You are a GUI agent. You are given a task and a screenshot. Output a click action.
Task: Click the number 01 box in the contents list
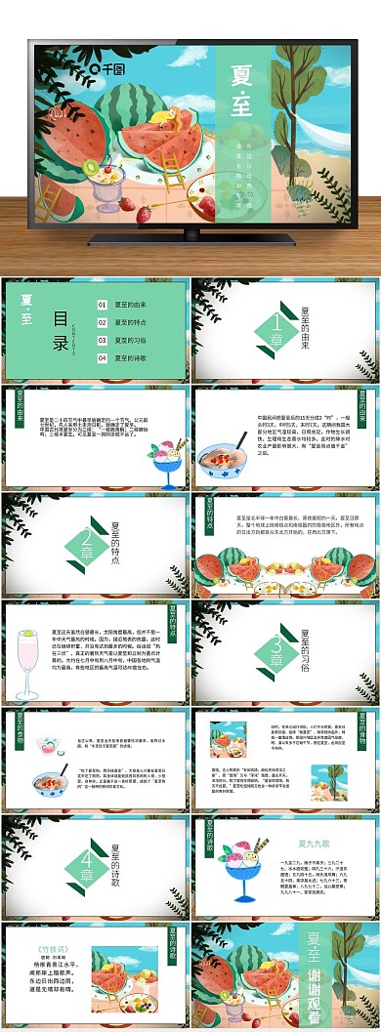click(102, 306)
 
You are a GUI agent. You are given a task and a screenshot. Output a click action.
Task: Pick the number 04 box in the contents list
click(102, 358)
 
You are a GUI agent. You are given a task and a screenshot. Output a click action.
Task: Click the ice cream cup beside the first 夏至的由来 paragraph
click(167, 458)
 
